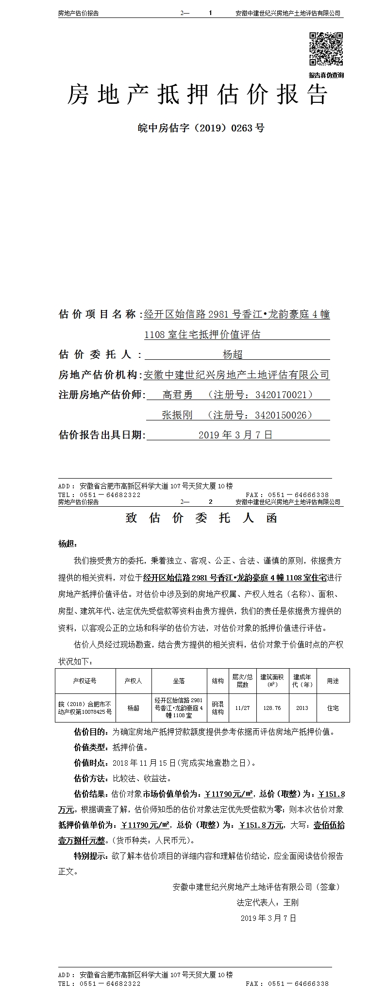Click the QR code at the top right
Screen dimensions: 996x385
point(326,48)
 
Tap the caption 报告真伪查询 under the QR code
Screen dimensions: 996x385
point(326,75)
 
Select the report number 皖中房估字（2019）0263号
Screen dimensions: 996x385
point(201,129)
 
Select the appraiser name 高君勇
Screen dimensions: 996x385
point(177,395)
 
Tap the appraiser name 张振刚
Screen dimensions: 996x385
point(177,415)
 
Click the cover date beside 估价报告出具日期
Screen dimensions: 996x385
point(235,435)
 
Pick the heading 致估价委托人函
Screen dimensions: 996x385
point(201,518)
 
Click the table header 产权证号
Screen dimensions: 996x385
point(85,681)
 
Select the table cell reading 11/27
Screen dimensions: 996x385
point(242,708)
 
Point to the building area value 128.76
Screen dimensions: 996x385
point(272,708)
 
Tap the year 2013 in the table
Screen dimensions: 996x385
point(302,708)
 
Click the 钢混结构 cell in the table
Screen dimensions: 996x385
point(218,708)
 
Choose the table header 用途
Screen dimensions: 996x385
point(333,681)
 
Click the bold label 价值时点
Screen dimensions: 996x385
point(91,763)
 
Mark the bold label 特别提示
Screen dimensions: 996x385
point(91,856)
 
